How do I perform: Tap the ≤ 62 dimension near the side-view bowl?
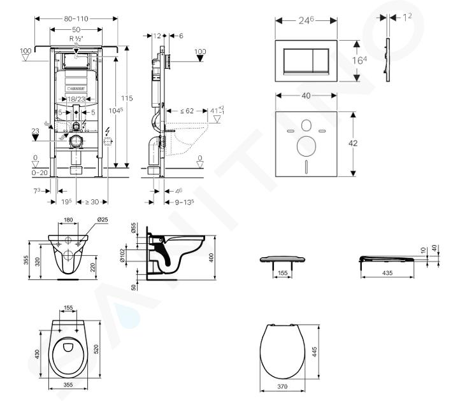pos(186,111)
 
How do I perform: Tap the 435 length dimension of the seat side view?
pos(386,272)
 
